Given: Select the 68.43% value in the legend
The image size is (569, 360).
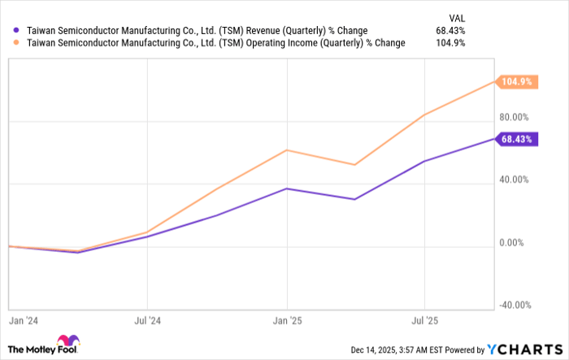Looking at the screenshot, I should click(449, 30).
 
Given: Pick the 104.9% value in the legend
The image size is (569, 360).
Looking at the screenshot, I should click(450, 43).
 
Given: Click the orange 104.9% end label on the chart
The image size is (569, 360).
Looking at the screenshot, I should click(517, 81).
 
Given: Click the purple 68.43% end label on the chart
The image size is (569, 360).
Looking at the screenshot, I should click(517, 139).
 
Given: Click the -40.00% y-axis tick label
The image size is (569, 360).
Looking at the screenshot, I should click(515, 305).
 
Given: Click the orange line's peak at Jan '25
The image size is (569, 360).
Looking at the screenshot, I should click(286, 150).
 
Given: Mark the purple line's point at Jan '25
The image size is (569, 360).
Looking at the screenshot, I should click(286, 189).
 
